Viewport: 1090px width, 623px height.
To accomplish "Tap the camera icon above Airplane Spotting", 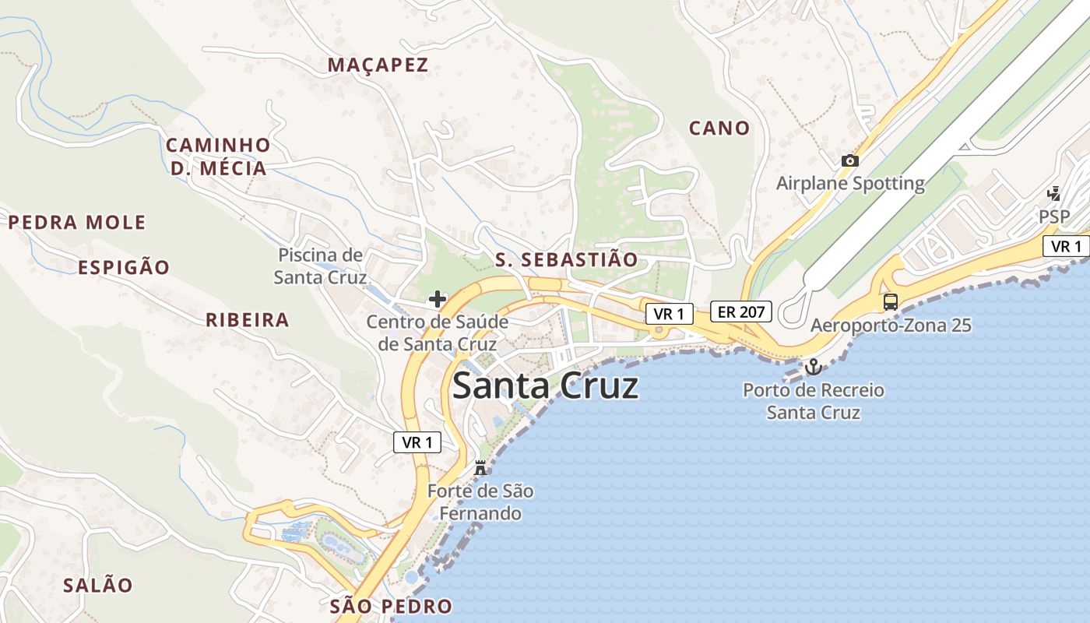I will [x=850, y=160].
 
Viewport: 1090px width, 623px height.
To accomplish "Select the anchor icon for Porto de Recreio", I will [x=813, y=366].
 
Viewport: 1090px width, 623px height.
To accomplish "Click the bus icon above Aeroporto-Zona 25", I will [x=890, y=301].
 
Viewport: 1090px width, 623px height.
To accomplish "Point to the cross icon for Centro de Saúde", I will [x=438, y=298].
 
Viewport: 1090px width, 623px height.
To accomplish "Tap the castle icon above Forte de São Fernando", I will [x=480, y=468].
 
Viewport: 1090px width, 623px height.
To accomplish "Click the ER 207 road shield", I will [x=741, y=312].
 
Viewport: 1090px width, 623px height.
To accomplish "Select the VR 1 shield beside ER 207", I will [x=669, y=314].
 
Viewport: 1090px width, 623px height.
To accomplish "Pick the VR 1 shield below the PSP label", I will [x=1066, y=247].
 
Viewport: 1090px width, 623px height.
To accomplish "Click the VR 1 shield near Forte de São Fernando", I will [x=417, y=442].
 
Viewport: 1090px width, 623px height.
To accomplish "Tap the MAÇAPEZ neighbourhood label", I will [x=378, y=65].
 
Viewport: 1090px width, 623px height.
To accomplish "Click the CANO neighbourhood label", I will [x=719, y=128].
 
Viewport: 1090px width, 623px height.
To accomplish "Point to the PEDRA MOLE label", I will [x=77, y=223].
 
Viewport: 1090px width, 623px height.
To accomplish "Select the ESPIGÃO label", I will [x=124, y=268].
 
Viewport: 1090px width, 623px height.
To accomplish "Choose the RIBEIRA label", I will [x=248, y=320].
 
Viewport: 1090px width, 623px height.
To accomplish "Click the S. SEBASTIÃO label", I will [x=566, y=260].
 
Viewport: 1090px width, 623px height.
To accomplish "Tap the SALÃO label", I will [x=98, y=586].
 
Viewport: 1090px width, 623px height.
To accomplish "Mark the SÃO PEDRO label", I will [x=391, y=607].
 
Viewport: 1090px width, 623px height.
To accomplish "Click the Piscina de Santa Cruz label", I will [x=320, y=266].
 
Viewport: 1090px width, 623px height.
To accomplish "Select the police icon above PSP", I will [x=1054, y=193].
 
